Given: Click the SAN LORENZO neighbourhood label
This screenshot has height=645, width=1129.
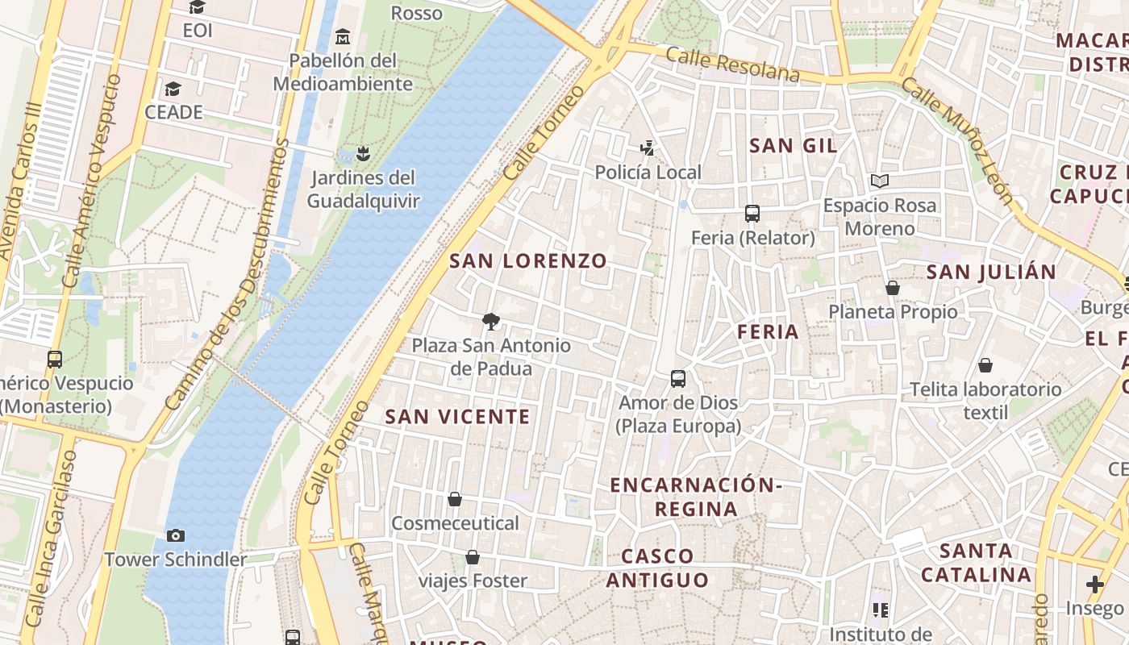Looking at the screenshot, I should pos(527,260).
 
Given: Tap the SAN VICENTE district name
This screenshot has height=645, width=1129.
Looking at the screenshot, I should pos(457,417).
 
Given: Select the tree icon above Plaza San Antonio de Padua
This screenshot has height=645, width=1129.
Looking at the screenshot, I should pos(490,322).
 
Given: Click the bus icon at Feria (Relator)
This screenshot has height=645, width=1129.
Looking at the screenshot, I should pos(752,214).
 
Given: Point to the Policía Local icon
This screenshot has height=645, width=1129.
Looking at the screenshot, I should pos(647,148).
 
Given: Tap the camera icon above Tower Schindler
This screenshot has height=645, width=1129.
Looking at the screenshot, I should pos(175,535).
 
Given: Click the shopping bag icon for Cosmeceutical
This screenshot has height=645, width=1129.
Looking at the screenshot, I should pos(455,499).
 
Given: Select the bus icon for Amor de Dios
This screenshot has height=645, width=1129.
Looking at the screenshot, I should pos(678,378).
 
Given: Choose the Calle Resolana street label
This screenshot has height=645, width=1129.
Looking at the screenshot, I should pos(733,65).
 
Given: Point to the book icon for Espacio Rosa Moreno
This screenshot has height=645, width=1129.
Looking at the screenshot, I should pos(879,181).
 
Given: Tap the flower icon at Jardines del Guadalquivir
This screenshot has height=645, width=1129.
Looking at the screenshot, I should pos(363,153).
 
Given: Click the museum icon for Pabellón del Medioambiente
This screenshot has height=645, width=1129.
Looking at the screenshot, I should pos(343,36).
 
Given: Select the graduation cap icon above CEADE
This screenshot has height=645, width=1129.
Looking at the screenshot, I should pos(173,89).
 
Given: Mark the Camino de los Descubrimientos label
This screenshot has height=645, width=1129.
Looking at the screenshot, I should pos(227,274).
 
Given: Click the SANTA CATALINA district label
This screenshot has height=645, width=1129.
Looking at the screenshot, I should pos(976,563).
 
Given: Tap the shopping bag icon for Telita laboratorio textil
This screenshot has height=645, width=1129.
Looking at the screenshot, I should pos(985,365).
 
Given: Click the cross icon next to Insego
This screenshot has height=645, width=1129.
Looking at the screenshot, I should pos(1094,584).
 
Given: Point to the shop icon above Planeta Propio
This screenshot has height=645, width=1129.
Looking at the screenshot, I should pos(893,288).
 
